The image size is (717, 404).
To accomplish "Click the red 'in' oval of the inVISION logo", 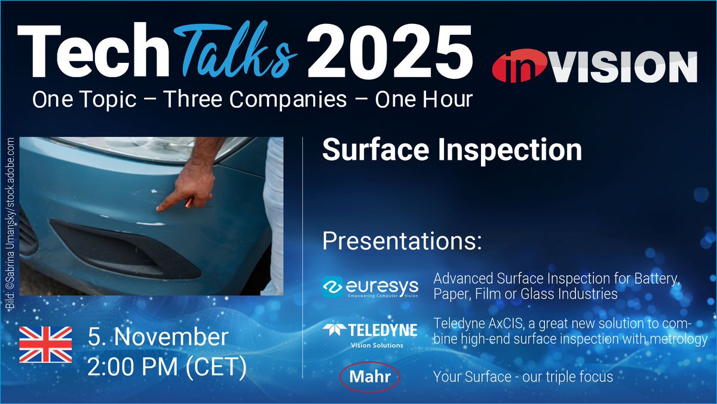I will [518, 67].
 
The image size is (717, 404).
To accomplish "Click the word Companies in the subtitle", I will [256, 99].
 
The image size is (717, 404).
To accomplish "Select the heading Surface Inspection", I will [452, 150].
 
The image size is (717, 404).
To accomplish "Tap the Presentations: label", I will [402, 242].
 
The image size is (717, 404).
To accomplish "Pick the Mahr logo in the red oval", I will [368, 378].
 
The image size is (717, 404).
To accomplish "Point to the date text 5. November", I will [158, 337].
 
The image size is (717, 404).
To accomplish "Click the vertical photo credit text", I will [11, 223].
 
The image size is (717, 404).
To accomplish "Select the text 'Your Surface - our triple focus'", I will [523, 378].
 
